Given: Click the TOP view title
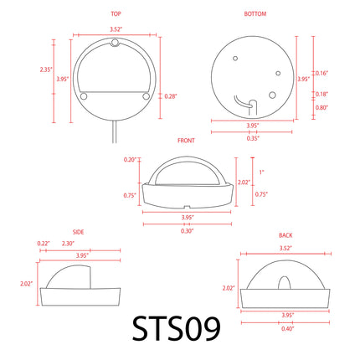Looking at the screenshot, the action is tap(116, 13).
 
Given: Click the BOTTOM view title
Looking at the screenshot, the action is tap(255, 13).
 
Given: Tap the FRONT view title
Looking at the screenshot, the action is tap(186, 141).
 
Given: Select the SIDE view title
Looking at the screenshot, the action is tap(78, 232).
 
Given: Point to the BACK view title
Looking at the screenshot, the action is tap(285, 235).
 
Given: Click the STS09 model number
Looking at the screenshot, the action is tap(177, 328).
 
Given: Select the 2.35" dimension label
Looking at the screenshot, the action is tap(46, 69).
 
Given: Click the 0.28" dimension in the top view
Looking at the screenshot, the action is tap(171, 96).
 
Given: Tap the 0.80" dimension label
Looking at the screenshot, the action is tap(321, 107).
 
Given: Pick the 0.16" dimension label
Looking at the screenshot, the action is tap(321, 73).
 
